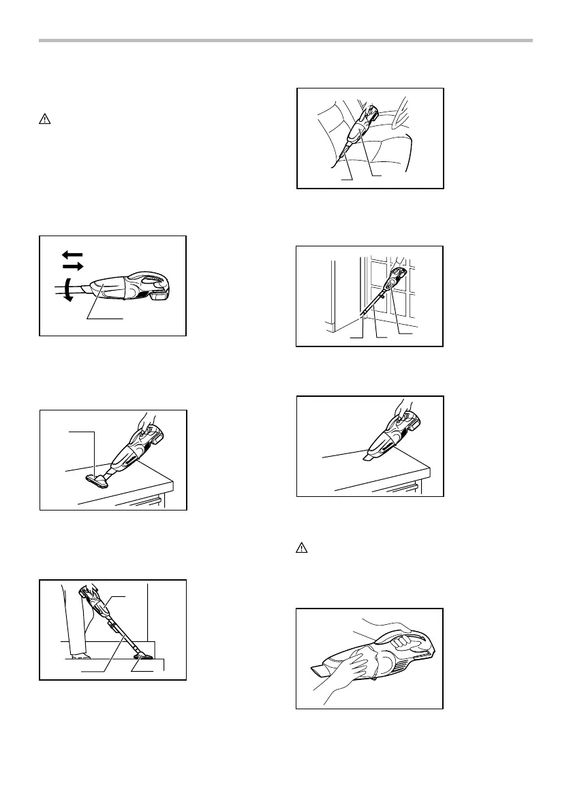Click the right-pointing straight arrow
pyautogui.click(x=72, y=265)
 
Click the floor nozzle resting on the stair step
pyautogui.click(x=145, y=658)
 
